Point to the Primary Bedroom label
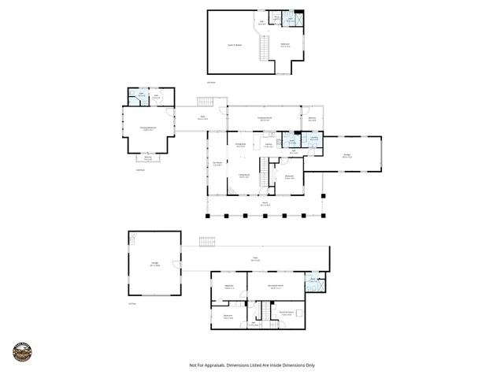click(x=146, y=129)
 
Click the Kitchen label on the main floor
click(x=268, y=145)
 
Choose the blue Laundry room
click(x=313, y=139)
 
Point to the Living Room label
click(x=244, y=175)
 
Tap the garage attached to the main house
click(x=347, y=155)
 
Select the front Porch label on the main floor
click(x=265, y=204)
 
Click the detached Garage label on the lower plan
click(x=154, y=265)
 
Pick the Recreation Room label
click(x=276, y=287)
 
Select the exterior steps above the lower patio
click(x=206, y=241)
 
